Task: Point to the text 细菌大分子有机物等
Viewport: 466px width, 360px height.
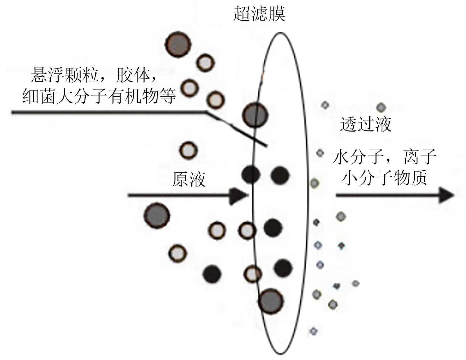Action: [99, 96]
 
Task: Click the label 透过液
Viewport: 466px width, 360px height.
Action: [366, 124]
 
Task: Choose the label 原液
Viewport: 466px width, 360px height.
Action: [189, 179]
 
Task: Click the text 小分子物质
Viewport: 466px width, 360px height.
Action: [384, 178]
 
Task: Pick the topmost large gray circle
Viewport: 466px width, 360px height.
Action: [178, 45]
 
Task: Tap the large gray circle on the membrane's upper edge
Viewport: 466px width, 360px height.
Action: [256, 115]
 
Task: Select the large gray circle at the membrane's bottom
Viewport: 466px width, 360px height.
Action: [271, 301]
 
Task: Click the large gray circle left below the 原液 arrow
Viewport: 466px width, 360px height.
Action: [157, 215]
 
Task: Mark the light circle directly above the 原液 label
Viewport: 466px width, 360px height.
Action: [188, 150]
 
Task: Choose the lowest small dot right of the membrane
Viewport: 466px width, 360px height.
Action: [314, 331]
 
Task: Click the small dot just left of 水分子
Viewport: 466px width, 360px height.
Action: [320, 153]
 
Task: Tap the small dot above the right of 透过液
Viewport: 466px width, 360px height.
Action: [381, 107]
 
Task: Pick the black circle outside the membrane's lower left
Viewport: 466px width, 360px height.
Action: [212, 273]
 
